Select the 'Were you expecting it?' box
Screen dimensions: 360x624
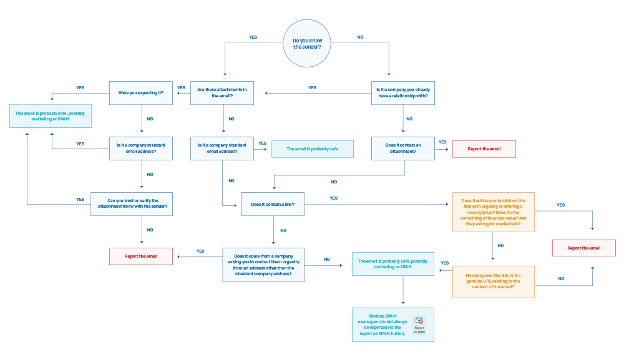[141, 93]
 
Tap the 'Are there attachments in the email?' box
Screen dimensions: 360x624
[222, 93]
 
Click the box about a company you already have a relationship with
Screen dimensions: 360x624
[403, 93]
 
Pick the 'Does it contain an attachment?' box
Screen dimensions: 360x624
[403, 148]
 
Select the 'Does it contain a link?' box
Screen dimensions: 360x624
[272, 205]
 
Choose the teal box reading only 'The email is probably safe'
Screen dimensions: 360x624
[312, 149]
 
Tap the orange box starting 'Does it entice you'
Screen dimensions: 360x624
[494, 212]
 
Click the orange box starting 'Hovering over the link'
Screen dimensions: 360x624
[494, 281]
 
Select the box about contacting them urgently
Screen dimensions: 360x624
[263, 265]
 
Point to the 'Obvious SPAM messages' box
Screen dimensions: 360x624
[392, 324]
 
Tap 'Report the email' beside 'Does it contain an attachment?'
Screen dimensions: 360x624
[484, 149]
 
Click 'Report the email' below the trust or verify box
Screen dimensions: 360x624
[141, 256]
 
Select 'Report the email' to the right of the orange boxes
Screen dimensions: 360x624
[584, 248]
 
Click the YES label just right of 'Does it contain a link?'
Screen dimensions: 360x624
[334, 198]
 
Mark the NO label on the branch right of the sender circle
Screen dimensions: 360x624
[361, 37]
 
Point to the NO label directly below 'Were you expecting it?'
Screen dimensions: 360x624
[150, 119]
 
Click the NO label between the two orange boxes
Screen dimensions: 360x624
[500, 246]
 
